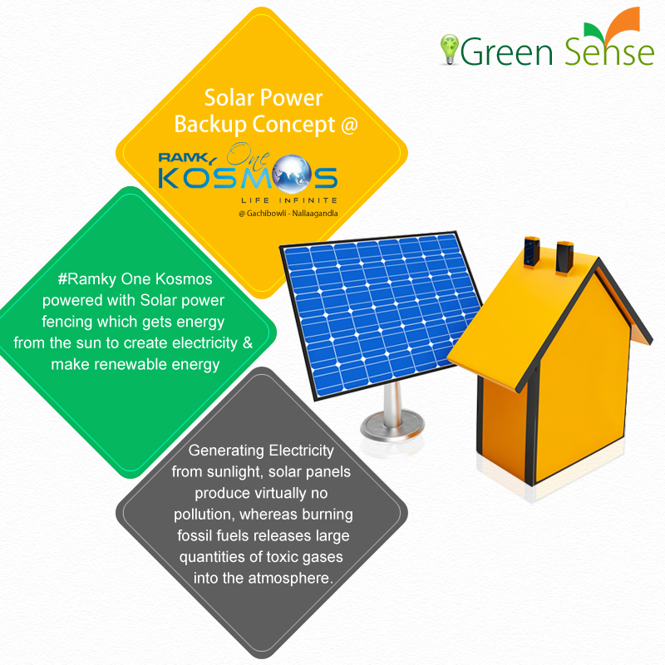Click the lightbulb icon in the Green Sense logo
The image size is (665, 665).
(449, 48)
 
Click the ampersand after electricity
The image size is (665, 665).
(246, 342)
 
